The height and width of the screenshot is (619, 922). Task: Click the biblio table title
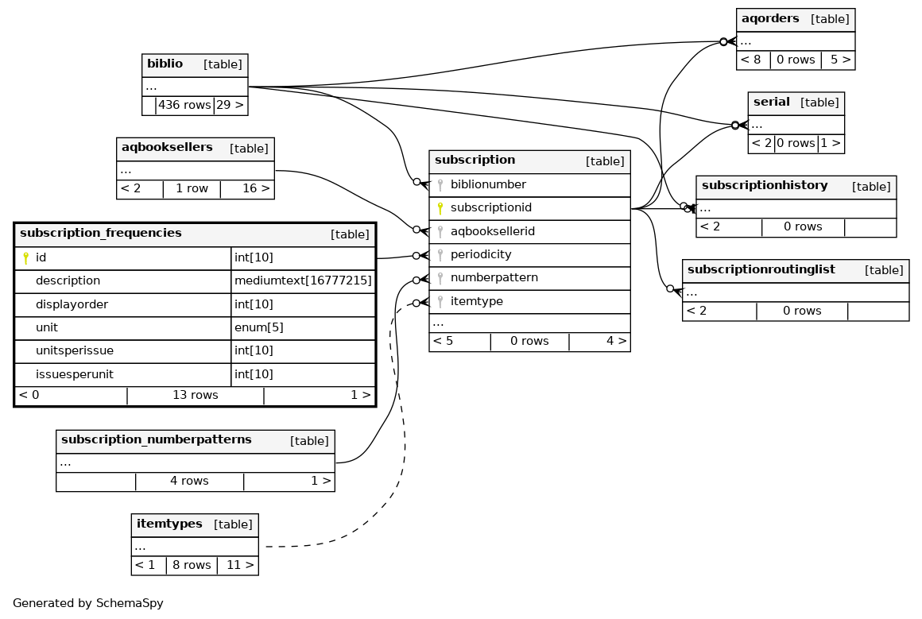click(165, 64)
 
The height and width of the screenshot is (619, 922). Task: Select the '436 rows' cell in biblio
click(184, 105)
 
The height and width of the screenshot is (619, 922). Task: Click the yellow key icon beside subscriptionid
click(440, 208)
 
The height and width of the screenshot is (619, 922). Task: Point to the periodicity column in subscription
click(481, 255)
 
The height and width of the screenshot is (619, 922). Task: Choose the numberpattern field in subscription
click(494, 278)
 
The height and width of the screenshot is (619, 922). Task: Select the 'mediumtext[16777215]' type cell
click(303, 281)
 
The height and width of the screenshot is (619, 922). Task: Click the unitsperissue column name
click(75, 351)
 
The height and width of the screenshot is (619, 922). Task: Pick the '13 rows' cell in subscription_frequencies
click(195, 395)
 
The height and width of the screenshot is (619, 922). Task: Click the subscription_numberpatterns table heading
click(157, 440)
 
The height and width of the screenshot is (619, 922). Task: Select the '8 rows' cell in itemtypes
click(192, 566)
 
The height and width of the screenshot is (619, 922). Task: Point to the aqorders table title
click(769, 19)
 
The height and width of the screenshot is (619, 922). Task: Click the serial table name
click(771, 103)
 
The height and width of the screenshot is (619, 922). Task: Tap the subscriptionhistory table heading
click(764, 186)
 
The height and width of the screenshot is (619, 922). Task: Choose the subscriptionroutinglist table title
click(761, 270)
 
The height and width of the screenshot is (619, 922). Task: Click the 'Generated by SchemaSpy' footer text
click(88, 603)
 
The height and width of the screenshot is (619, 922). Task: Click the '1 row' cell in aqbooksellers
click(192, 189)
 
